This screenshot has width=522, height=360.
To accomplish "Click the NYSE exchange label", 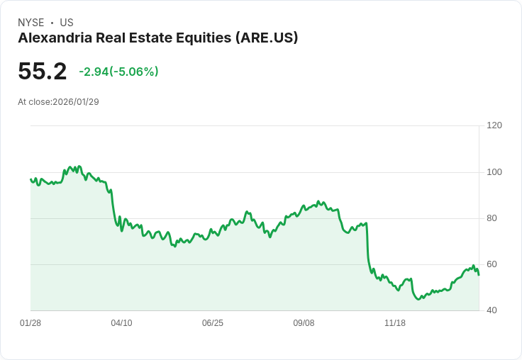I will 30,23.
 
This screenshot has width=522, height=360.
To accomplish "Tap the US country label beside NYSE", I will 67,23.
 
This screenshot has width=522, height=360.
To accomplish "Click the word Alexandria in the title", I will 55,38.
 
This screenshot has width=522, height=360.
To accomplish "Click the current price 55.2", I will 43,72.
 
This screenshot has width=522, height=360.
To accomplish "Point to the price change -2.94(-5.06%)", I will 118,72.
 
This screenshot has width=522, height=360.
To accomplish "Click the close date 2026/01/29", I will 76,102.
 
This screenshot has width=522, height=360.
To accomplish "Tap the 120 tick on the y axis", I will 494,125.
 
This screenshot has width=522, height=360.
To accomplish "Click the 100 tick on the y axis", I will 494,172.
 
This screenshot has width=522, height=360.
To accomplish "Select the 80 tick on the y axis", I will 492,218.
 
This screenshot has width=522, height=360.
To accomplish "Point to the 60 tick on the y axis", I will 492,264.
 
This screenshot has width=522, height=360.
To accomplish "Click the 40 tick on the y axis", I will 492,310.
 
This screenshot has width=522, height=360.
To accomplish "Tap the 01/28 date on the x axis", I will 30,323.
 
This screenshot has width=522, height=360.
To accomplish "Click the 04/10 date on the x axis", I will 121,323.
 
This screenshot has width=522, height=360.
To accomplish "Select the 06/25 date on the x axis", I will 213,323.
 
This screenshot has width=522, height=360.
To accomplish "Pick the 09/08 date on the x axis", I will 304,323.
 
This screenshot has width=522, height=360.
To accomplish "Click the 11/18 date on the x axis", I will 395,323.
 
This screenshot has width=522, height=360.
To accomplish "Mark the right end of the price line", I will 479,275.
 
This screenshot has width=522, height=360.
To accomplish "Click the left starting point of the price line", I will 30,179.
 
